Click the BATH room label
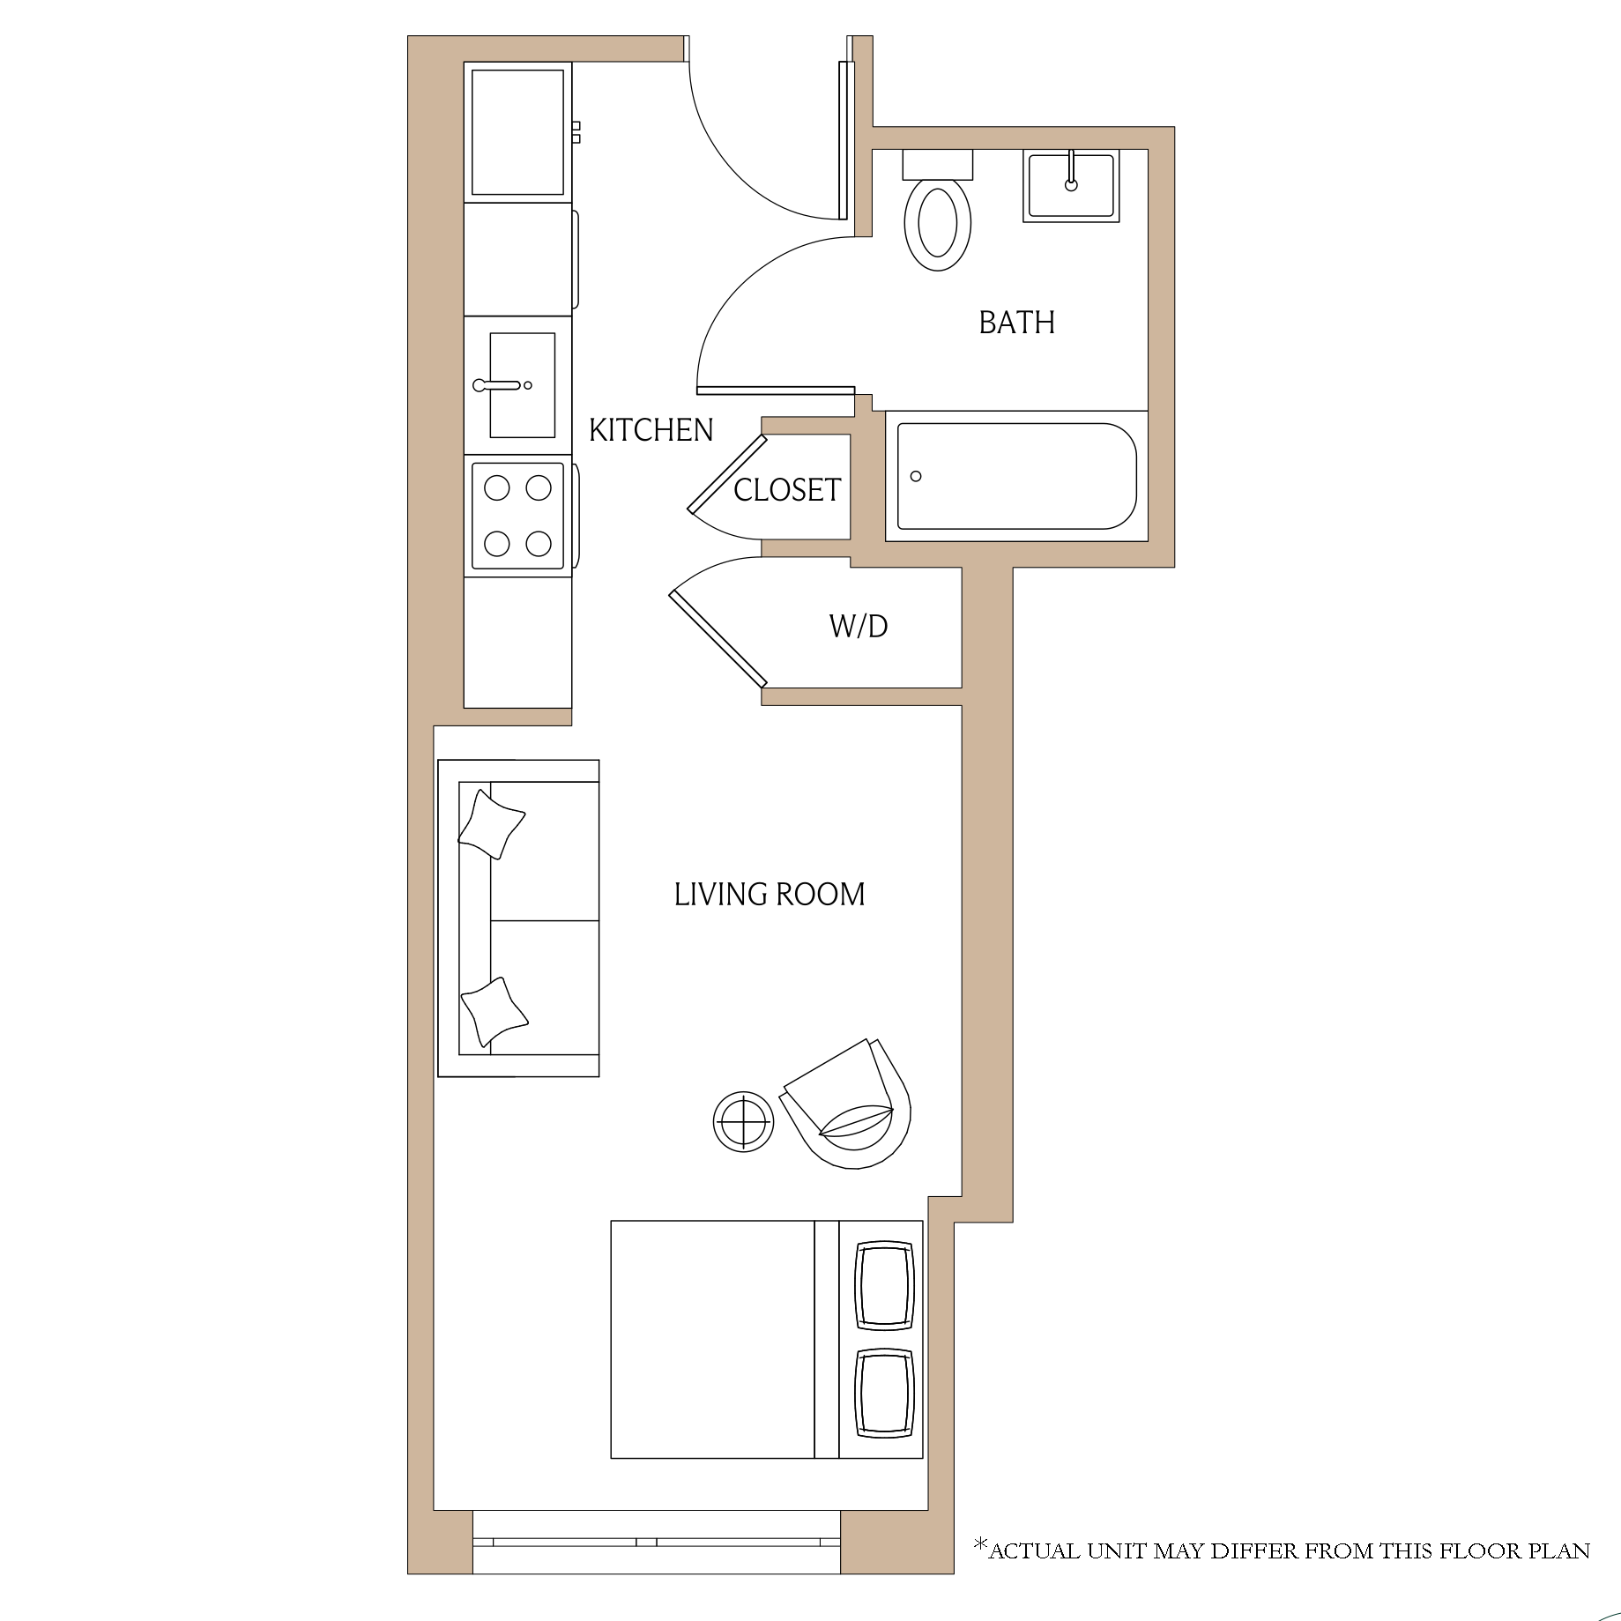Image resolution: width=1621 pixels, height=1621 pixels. point(1016,323)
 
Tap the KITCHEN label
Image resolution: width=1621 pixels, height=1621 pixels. point(651,430)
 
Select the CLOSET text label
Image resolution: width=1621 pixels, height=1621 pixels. point(787,490)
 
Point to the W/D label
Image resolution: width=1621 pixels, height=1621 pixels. point(859,627)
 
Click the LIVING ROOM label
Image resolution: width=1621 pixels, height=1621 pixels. point(770,895)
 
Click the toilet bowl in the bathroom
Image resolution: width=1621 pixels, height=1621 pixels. point(938,224)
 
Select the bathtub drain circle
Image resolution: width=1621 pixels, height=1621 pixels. point(916,477)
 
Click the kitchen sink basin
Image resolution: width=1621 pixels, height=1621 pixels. point(522,385)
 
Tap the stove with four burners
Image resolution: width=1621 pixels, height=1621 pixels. point(518,516)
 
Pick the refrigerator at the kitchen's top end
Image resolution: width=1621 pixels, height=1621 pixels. point(518,132)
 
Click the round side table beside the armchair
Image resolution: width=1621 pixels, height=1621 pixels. point(744,1121)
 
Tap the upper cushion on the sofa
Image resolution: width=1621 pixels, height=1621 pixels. point(491,824)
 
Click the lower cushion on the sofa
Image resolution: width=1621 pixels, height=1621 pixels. point(494,1013)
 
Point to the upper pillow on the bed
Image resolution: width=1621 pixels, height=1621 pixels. point(885,1286)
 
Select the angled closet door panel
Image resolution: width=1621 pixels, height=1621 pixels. point(727,473)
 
